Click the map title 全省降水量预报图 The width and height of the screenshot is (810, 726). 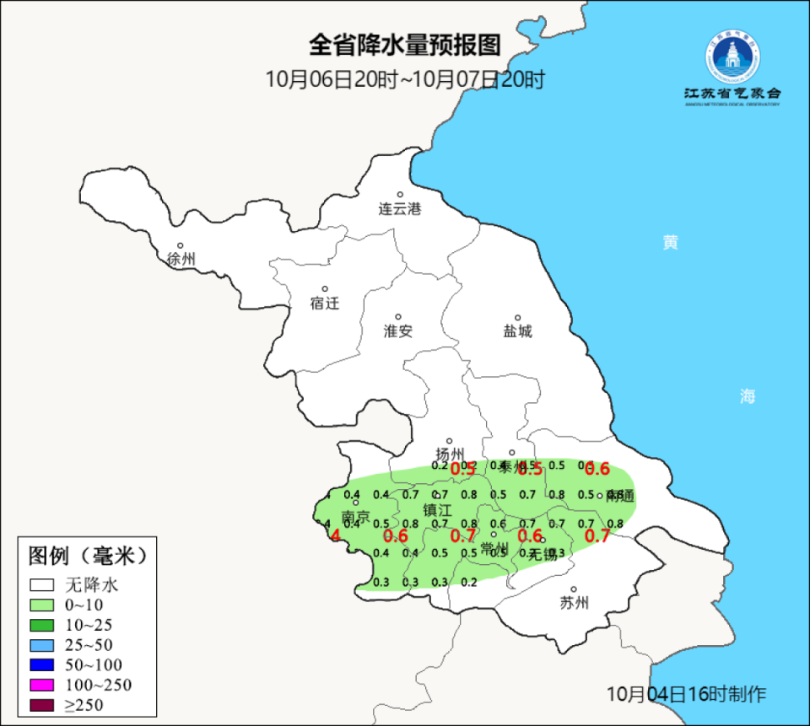tap(405, 44)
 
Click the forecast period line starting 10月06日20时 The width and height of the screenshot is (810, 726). tap(405, 79)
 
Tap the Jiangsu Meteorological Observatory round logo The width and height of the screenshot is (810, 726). tap(732, 56)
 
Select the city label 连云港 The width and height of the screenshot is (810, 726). tap(399, 209)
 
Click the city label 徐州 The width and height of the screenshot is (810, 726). tap(181, 259)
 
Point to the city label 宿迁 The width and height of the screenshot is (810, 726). tap(324, 303)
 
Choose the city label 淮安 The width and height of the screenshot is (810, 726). tap(398, 331)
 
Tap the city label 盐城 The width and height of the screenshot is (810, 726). tap(517, 331)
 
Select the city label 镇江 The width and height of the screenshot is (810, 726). tap(438, 510)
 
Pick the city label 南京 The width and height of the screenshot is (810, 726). tap(355, 516)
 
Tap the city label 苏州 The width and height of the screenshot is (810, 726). tap(574, 602)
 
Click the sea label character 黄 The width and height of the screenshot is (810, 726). tap(670, 243)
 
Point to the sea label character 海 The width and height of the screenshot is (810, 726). tap(748, 396)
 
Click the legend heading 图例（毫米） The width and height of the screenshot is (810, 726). tap(88, 556)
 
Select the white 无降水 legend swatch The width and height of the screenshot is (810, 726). tap(42, 584)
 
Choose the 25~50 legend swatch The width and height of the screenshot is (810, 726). tap(42, 644)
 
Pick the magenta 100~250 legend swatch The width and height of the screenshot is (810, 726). tap(42, 685)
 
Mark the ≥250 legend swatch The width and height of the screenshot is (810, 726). tap(42, 705)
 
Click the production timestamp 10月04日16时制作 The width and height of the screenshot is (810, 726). tap(687, 694)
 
